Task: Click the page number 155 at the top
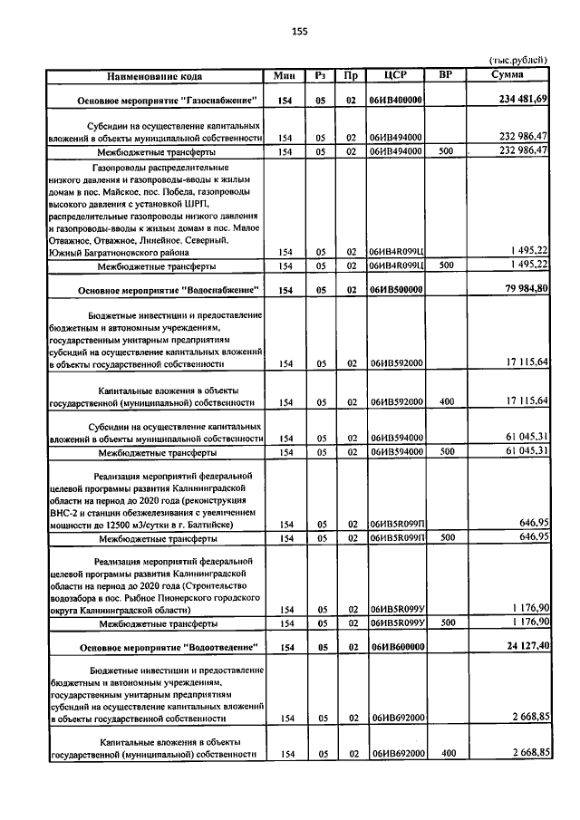(x=300, y=32)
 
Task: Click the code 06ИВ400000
(x=396, y=99)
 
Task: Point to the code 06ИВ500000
(x=396, y=290)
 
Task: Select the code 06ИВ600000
(x=396, y=649)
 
